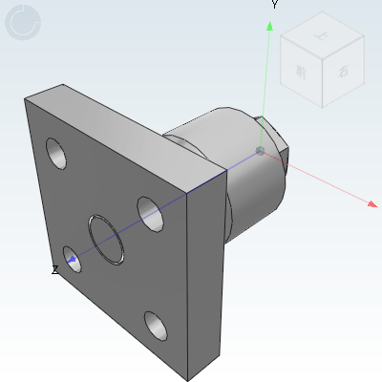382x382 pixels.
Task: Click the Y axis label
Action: click(274, 5)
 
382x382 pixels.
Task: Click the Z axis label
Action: click(54, 270)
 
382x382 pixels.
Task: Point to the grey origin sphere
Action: click(261, 151)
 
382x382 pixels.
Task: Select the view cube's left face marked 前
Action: click(302, 72)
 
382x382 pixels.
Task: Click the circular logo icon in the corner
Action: click(23, 23)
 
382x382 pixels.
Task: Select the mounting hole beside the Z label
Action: click(72, 256)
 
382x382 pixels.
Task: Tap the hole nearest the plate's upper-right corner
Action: click(148, 210)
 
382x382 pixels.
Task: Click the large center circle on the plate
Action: click(106, 238)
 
